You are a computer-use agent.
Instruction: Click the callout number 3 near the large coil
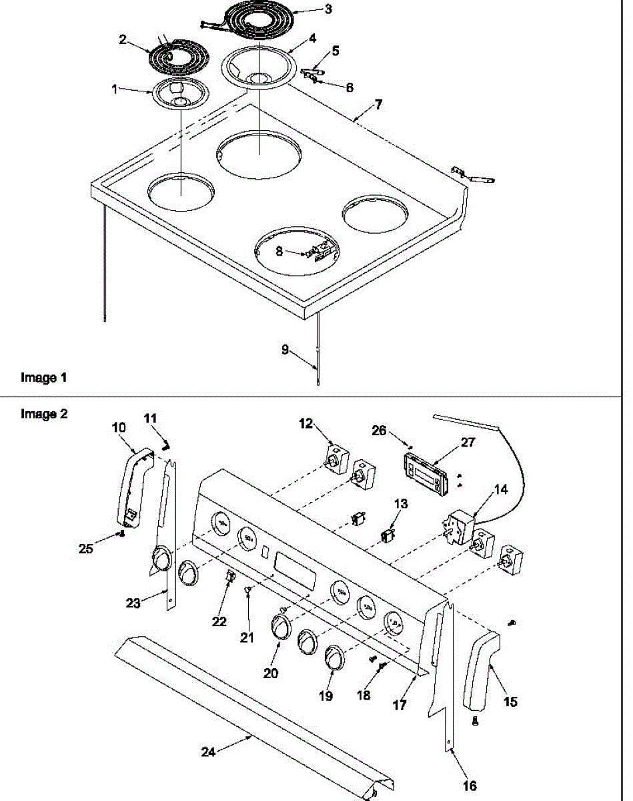pyautogui.click(x=328, y=9)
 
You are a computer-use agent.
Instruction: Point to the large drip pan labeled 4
pyautogui.click(x=256, y=67)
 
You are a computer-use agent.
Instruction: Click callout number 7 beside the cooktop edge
pyautogui.click(x=378, y=105)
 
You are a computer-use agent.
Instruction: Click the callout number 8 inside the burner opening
pyautogui.click(x=280, y=252)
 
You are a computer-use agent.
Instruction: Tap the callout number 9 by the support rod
pyautogui.click(x=285, y=349)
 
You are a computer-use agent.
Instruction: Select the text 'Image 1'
pyautogui.click(x=44, y=378)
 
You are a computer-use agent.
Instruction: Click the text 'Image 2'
pyautogui.click(x=44, y=414)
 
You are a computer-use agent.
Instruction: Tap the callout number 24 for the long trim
pyautogui.click(x=209, y=752)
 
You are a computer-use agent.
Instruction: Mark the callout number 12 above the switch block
pyautogui.click(x=305, y=423)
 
